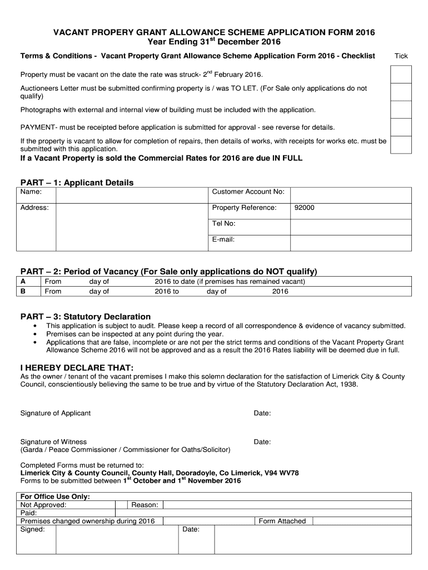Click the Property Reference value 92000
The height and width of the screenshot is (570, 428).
coord(304,208)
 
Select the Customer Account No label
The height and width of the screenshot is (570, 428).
coord(248,192)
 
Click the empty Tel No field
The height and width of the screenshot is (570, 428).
coord(351,224)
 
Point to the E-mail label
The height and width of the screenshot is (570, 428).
coord(223,240)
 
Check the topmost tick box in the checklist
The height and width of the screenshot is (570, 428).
coord(401,74)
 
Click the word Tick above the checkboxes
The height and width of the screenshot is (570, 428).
coord(401,56)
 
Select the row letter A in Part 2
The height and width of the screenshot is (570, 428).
coord(23,282)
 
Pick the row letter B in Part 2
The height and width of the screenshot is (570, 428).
coord(23,291)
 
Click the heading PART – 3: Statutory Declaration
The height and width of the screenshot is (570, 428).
coord(86,316)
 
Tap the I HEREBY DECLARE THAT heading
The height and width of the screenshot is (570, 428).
coord(77,367)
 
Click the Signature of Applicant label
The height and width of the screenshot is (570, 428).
coord(55,413)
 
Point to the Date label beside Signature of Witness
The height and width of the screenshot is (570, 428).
coord(262,442)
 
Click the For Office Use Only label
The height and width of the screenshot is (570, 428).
coord(55,496)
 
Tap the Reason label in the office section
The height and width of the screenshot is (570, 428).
coord(145,505)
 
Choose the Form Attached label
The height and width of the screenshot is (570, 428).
coord(282,521)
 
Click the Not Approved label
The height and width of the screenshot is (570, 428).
coord(43,505)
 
